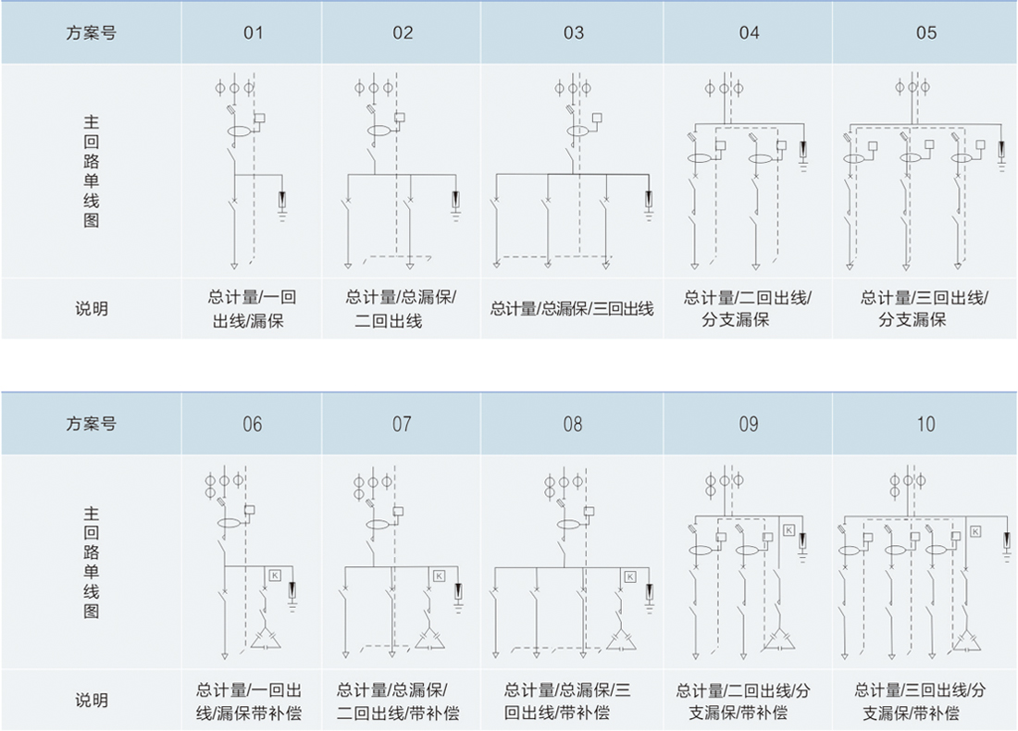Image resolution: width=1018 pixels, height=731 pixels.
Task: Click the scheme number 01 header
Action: [x=254, y=33]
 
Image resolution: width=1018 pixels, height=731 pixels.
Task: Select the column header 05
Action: [x=925, y=33]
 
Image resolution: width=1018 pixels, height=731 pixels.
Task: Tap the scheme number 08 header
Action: [x=573, y=425]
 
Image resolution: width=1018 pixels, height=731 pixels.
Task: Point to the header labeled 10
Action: [x=925, y=425]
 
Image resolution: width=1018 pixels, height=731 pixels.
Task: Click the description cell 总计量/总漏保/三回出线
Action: [x=572, y=309]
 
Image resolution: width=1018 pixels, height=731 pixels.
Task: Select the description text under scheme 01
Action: [x=252, y=309]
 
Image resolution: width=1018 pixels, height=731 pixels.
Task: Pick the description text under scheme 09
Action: [x=743, y=701]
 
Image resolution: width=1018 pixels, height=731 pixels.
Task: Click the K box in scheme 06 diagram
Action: [x=275, y=576]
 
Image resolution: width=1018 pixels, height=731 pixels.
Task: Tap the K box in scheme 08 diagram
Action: [x=629, y=576]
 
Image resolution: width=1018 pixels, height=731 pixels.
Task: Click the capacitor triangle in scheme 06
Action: [x=266, y=638]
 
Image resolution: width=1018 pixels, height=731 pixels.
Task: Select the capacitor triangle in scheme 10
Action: [x=967, y=641]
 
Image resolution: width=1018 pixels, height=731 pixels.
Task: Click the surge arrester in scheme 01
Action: [x=282, y=200]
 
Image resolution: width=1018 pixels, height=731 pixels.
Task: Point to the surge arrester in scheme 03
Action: [x=649, y=199]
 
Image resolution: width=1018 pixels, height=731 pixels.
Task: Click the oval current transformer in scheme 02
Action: [x=379, y=130]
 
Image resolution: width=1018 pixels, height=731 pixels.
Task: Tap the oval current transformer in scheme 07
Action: [x=379, y=525]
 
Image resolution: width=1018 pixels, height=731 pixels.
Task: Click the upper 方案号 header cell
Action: [x=91, y=33]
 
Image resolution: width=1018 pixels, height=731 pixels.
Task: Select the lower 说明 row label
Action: [x=91, y=700]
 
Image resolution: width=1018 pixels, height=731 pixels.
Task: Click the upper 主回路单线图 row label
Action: [x=91, y=171]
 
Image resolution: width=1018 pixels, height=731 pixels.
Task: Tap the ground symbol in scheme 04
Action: [x=803, y=166]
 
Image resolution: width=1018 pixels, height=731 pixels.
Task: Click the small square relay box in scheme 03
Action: [x=597, y=118]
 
